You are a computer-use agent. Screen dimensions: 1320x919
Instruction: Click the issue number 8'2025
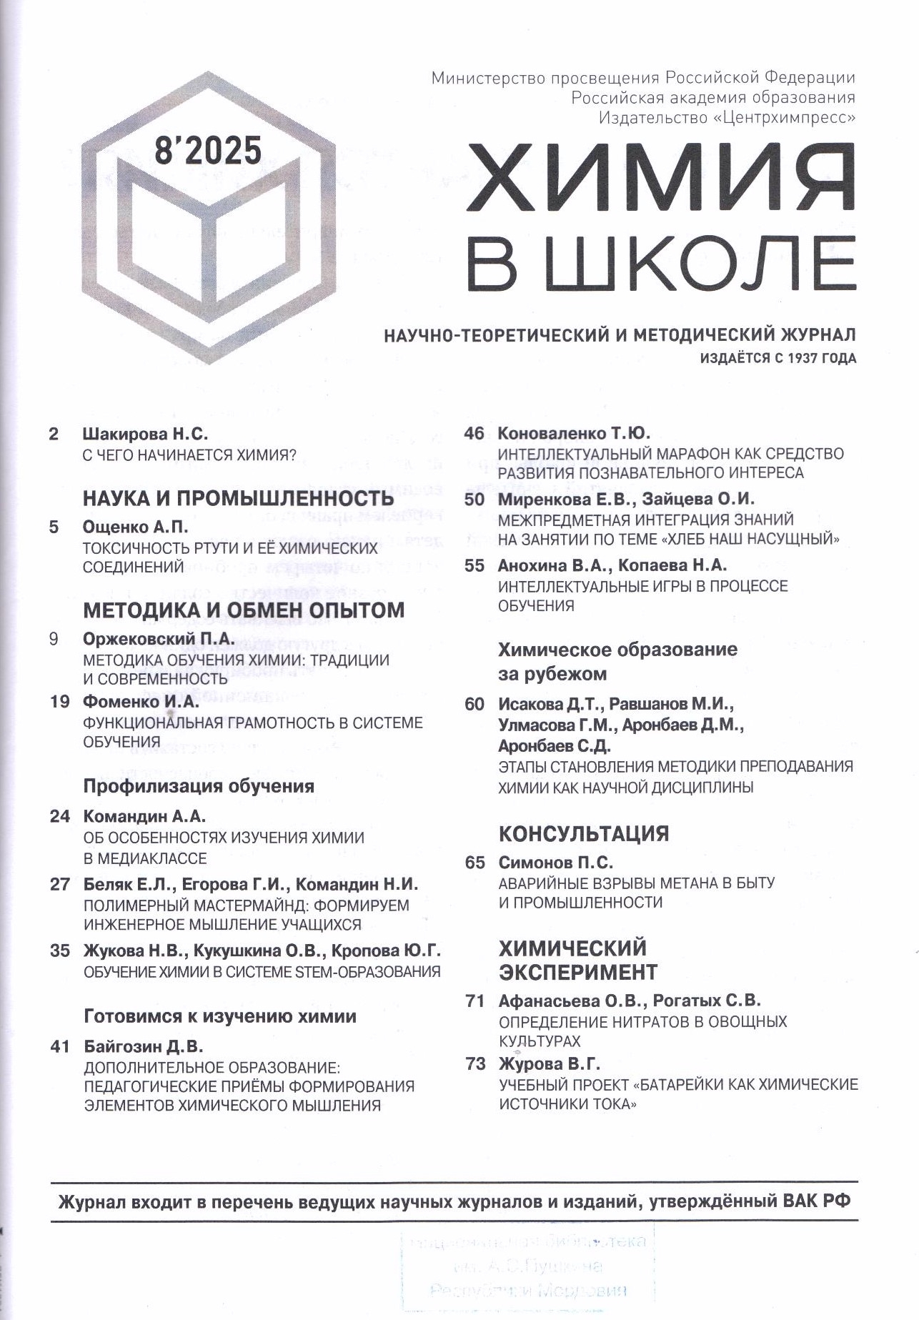(x=208, y=151)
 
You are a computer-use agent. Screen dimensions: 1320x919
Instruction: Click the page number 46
(x=475, y=434)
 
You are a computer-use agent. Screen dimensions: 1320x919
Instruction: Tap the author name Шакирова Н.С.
(x=146, y=434)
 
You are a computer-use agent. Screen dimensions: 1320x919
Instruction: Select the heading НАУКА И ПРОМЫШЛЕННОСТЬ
(x=238, y=498)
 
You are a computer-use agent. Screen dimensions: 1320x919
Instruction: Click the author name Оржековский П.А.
(x=159, y=639)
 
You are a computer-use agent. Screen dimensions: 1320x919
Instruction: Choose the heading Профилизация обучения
(x=199, y=786)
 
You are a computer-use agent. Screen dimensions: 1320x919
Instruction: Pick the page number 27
(x=60, y=884)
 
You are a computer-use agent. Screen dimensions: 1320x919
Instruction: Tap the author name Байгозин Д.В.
(x=144, y=1047)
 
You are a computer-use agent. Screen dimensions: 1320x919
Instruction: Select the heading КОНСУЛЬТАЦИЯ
(x=583, y=833)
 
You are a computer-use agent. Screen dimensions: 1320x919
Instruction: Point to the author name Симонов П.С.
(x=555, y=863)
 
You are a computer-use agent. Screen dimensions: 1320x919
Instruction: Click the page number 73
(x=475, y=1063)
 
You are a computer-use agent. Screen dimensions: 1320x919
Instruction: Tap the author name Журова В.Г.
(x=549, y=1063)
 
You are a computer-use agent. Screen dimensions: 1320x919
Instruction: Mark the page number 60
(x=475, y=704)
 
